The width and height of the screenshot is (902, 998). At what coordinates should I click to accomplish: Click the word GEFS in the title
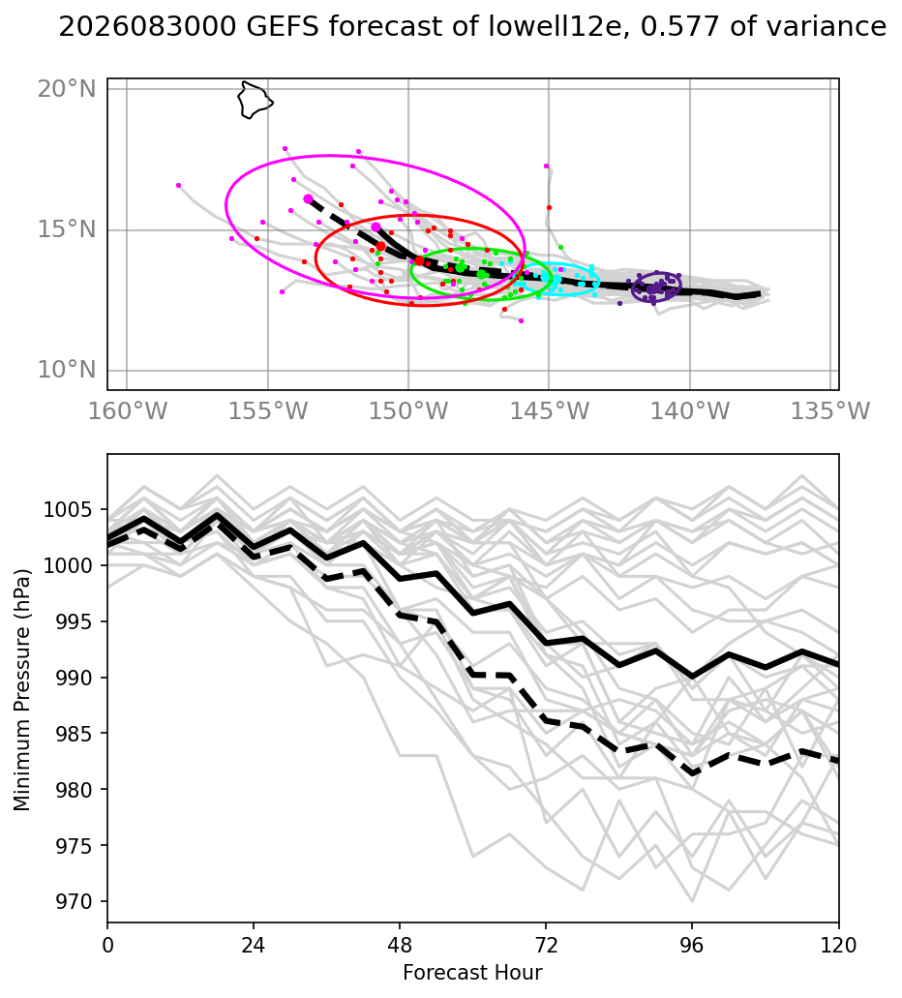(x=282, y=27)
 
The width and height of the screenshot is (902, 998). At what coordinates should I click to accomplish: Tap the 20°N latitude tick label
(x=67, y=88)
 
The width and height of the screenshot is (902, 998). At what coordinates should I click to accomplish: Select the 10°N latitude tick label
(x=67, y=369)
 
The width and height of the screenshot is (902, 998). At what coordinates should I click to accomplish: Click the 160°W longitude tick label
(x=128, y=411)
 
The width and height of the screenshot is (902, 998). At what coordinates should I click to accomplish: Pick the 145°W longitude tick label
(x=550, y=411)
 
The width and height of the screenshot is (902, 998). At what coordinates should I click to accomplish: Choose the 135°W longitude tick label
(x=830, y=411)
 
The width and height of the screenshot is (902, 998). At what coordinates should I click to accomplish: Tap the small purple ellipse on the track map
(x=632, y=287)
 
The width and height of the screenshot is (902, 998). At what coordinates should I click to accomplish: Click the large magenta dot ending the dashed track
(x=308, y=199)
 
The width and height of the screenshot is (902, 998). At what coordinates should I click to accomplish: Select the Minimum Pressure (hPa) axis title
(x=22, y=690)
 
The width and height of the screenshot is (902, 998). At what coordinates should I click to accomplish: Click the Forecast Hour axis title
(x=472, y=973)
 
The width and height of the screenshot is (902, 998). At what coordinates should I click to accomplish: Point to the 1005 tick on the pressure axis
(x=68, y=510)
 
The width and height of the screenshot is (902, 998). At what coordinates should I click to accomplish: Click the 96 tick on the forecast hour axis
(x=692, y=945)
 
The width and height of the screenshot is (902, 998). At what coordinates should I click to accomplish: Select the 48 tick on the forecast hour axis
(x=400, y=945)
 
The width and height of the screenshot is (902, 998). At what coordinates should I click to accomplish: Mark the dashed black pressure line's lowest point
(x=693, y=774)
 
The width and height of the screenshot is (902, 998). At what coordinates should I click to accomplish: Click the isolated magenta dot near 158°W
(x=179, y=185)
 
